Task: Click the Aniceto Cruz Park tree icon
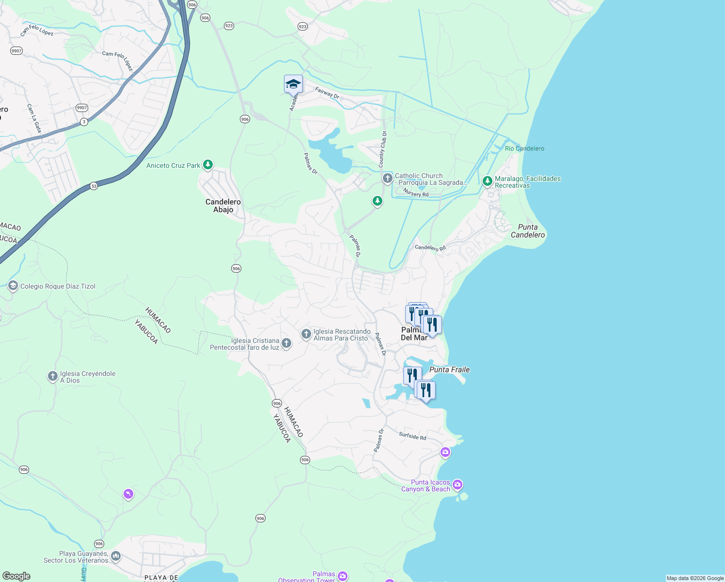tap(208, 165)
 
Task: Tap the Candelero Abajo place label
tap(223, 206)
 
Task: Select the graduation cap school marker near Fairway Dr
tap(293, 84)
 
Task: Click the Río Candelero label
tap(524, 148)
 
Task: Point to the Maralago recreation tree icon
tap(488, 181)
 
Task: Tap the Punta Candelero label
tap(528, 231)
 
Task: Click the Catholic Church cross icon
tap(387, 178)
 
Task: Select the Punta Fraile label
tap(449, 370)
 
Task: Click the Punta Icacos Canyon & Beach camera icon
tap(457, 485)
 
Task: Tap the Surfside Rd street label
tap(412, 436)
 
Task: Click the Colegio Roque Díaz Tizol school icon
tap(13, 286)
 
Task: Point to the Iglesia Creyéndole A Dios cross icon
tap(53, 376)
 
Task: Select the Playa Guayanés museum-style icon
tap(116, 556)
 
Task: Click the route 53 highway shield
tap(94, 186)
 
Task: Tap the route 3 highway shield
tap(84, 122)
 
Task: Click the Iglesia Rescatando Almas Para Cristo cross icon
tap(306, 334)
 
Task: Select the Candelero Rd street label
tap(430, 248)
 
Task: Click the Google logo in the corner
tap(16, 576)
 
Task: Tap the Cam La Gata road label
tap(34, 118)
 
